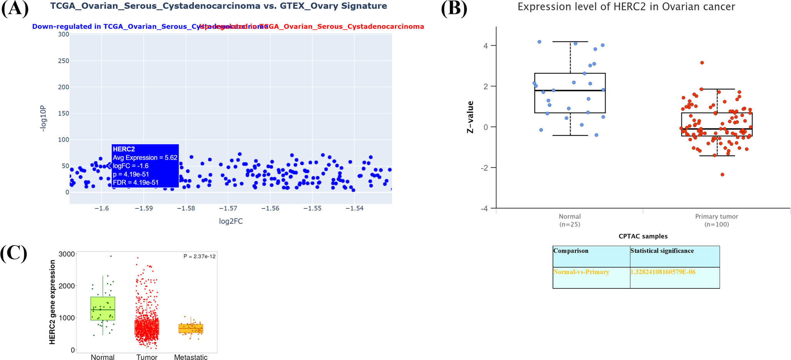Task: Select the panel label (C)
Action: (x=14, y=253)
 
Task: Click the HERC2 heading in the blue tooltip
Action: (x=124, y=149)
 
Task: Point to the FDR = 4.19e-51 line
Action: (x=135, y=183)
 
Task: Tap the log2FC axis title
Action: (x=231, y=222)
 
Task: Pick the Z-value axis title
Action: (x=470, y=117)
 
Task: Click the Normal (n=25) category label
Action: (x=570, y=220)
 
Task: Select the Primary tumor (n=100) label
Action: (x=717, y=220)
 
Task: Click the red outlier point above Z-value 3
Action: (x=702, y=63)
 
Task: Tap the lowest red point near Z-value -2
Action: (x=723, y=175)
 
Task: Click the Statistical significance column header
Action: (x=662, y=251)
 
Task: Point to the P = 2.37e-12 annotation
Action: (x=199, y=257)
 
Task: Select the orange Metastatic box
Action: (x=191, y=328)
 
